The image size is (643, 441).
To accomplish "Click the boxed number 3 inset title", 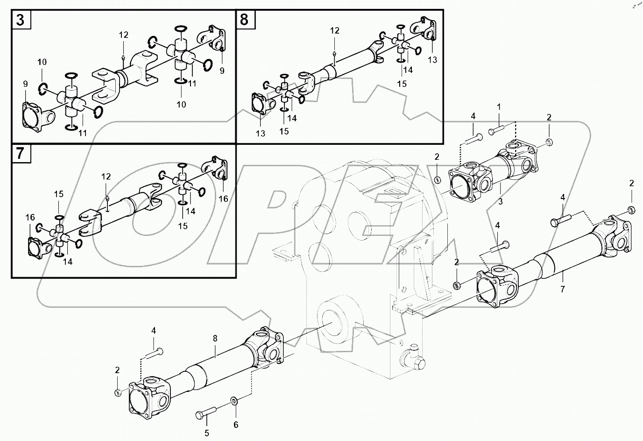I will point(21,20).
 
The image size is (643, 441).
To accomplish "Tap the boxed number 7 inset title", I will point(21,154).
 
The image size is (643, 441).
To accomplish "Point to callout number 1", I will point(499,107).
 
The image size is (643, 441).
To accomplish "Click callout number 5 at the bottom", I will point(206,433).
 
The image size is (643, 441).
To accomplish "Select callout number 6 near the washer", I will point(236,425).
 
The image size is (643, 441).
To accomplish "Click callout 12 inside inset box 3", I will point(123,35).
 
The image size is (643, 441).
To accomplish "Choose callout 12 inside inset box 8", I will point(335,31).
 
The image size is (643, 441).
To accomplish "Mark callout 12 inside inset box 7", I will point(106,176).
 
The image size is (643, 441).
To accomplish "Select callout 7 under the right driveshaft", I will point(562,290).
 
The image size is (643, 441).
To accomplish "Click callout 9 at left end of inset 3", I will point(26,84).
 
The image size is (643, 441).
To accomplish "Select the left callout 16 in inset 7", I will point(30,217).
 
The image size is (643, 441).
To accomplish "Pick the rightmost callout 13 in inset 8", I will point(432,60).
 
